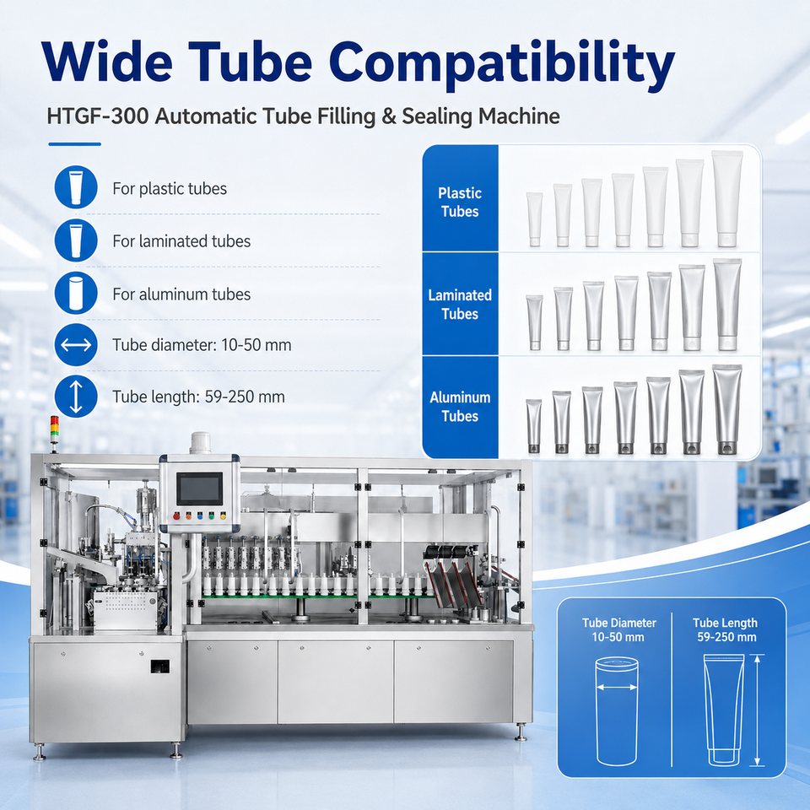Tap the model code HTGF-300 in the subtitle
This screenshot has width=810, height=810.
98,116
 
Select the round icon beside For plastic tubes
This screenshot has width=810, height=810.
76,187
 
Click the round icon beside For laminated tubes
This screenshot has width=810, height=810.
76,240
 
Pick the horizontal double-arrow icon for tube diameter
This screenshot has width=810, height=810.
76,344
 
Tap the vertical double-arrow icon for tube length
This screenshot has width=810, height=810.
76,397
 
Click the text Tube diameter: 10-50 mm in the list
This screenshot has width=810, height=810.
202,345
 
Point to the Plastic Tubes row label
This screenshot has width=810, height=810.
460,202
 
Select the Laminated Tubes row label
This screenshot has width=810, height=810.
460,305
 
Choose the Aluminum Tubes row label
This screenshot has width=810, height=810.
460,407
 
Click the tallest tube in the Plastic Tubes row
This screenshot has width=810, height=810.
727,198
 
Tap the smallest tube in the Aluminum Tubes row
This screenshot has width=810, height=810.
534,426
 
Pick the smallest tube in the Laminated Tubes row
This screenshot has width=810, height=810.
535,322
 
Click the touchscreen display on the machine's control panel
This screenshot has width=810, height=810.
199,489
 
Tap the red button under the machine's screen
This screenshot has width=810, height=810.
176,516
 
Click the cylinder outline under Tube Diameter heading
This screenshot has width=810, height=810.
617,711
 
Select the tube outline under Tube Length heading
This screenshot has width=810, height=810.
724,710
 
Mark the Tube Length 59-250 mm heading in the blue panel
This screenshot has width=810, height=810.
726,629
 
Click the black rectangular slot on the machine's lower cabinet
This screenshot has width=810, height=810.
160,667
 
